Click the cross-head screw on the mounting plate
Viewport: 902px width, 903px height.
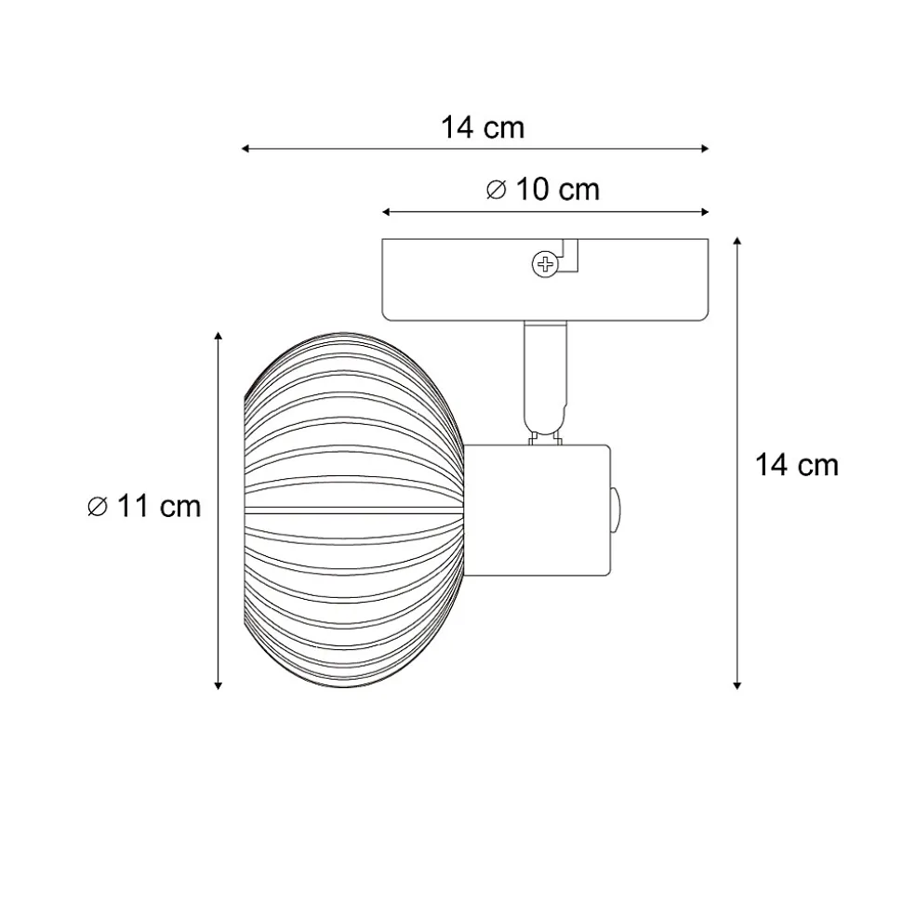click(x=544, y=264)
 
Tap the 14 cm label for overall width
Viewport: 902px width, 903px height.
click(x=483, y=127)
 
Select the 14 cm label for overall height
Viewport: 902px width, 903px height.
click(x=797, y=465)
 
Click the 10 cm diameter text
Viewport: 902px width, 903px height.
click(x=558, y=190)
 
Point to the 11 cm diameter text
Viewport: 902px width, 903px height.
click(x=159, y=507)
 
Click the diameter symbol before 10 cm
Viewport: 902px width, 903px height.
click(x=497, y=190)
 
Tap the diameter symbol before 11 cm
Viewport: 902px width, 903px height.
click(x=98, y=507)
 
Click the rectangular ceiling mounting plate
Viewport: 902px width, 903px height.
click(x=545, y=280)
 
